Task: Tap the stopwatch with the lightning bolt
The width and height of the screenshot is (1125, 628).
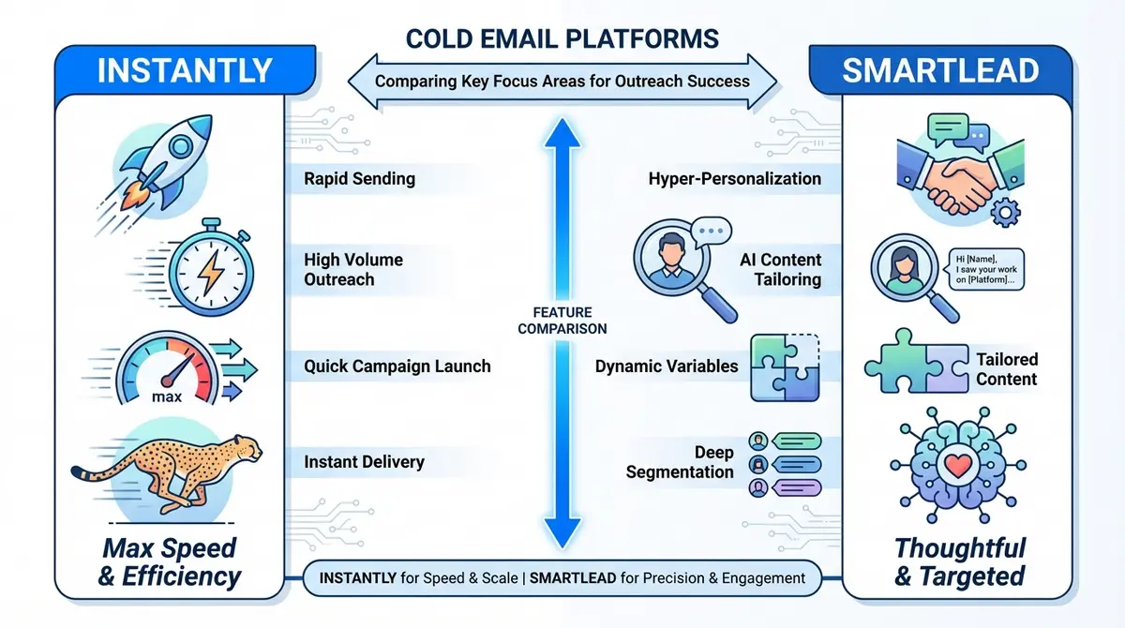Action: pos(206,270)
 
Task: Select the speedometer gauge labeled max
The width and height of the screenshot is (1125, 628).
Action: pos(169,370)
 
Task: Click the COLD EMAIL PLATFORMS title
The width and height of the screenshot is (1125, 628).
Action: pos(562,39)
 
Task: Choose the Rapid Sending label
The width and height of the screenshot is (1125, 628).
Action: pos(359,178)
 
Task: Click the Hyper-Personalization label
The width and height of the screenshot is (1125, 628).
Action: pos(734,178)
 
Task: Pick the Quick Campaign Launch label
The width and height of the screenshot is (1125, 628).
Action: pos(397,366)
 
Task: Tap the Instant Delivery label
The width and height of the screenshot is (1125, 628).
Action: pos(364,461)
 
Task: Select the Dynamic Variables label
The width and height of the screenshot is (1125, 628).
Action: pos(667,366)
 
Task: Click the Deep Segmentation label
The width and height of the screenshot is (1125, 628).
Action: pos(681,462)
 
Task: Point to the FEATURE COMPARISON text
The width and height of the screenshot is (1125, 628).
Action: pos(562,321)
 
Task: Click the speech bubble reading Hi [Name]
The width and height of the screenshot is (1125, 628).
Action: pos(983,269)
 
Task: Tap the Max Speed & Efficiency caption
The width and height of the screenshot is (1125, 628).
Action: pos(170,561)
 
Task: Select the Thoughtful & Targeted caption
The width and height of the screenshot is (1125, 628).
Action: pos(959,561)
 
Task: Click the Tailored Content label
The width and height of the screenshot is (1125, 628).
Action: pos(1006,369)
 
